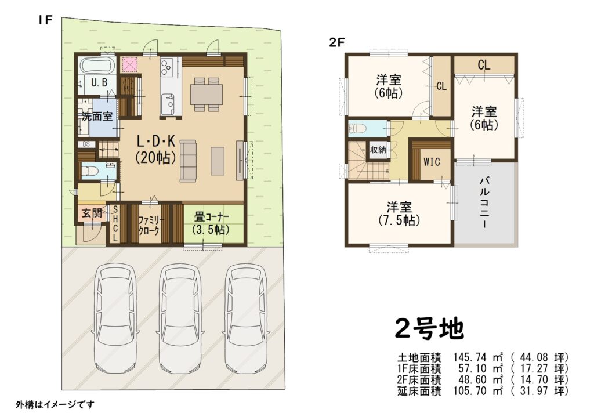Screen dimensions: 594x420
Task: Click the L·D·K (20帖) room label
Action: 155,150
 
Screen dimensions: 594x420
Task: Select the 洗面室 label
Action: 97,116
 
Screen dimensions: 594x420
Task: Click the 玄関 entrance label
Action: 92,213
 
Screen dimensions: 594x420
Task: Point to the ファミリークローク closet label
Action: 151,225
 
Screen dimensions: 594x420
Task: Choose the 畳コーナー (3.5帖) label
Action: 212,224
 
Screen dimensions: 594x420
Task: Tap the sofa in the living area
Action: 189,161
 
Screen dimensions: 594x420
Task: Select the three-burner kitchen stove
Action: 166,67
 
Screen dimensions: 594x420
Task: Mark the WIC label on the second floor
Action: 432,162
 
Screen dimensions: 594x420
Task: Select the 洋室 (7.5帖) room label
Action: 399,213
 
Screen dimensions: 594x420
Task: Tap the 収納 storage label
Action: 378,150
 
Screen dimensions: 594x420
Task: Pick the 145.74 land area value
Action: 469,357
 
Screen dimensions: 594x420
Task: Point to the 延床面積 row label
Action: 419,391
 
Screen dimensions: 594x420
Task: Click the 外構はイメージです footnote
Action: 55,404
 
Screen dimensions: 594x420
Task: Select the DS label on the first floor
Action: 86,144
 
